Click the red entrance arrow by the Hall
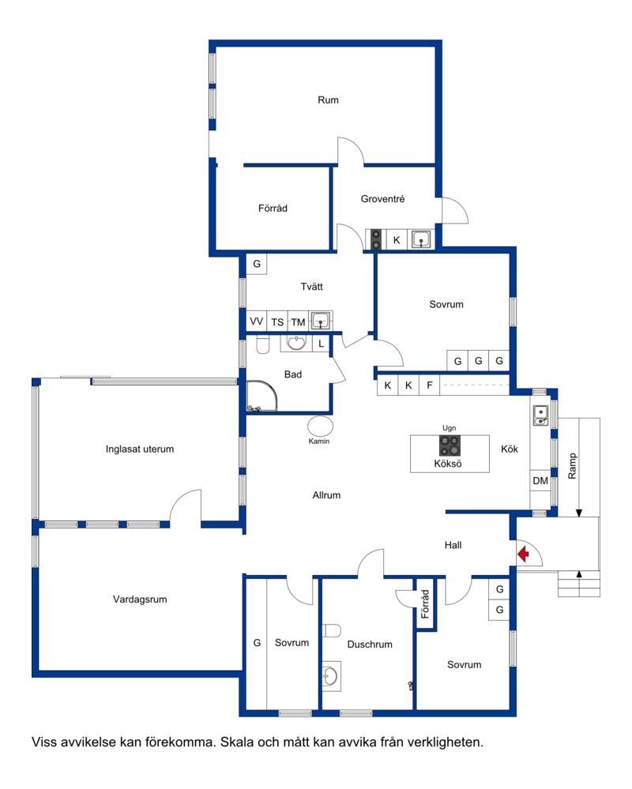tap(523, 554)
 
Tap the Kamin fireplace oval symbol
tap(320, 426)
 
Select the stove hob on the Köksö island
tap(450, 445)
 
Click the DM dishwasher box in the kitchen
tap(540, 480)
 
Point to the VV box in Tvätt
tap(256, 321)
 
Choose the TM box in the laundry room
tap(298, 321)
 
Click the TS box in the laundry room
tap(277, 321)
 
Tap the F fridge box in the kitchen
tap(429, 385)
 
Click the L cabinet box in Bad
tap(321, 344)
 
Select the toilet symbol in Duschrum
tap(331, 630)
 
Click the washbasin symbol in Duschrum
tap(330, 676)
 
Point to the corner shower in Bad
tap(261, 396)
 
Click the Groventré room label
tap(382, 199)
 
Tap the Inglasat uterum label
tap(140, 449)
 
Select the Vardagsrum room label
tap(140, 599)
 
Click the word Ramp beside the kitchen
tap(572, 466)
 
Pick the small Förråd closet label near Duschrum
tap(425, 604)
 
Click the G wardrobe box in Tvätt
tap(257, 264)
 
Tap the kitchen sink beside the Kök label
tap(540, 415)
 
